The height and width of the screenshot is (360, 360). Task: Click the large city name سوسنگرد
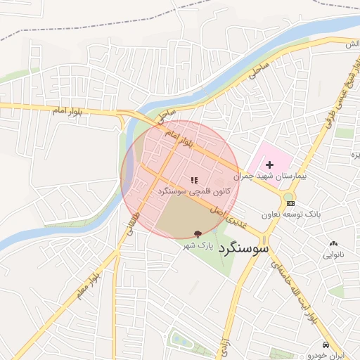(x=244, y=247)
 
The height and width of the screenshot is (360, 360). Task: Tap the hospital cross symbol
(x=269, y=163)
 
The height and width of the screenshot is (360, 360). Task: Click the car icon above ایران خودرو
(x=326, y=345)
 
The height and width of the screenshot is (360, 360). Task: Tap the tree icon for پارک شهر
(x=198, y=234)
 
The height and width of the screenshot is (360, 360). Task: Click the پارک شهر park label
(x=198, y=245)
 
